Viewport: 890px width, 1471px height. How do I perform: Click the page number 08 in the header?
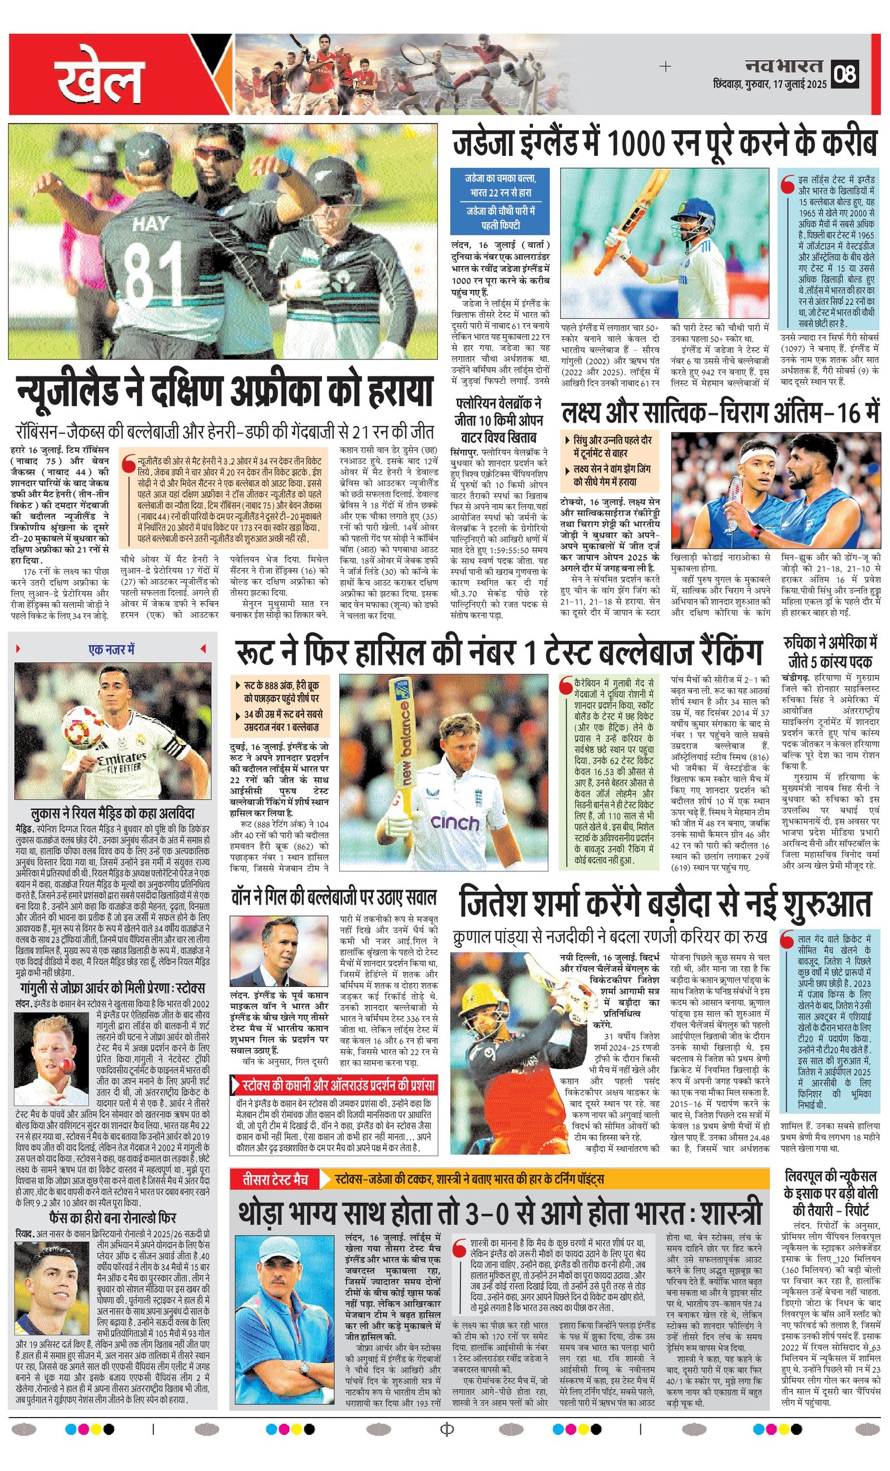pyautogui.click(x=846, y=73)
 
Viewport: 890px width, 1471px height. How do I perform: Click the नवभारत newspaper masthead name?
pyautogui.click(x=783, y=66)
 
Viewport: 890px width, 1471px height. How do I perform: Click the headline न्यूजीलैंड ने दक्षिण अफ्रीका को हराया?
pyautogui.click(x=224, y=391)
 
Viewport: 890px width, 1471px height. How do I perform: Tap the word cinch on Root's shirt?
pyautogui.click(x=455, y=823)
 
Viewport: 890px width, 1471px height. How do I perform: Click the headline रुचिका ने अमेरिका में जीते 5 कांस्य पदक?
pyautogui.click(x=830, y=651)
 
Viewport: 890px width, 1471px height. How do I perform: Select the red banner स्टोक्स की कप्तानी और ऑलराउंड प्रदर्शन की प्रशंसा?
pyautogui.click(x=334, y=1085)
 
